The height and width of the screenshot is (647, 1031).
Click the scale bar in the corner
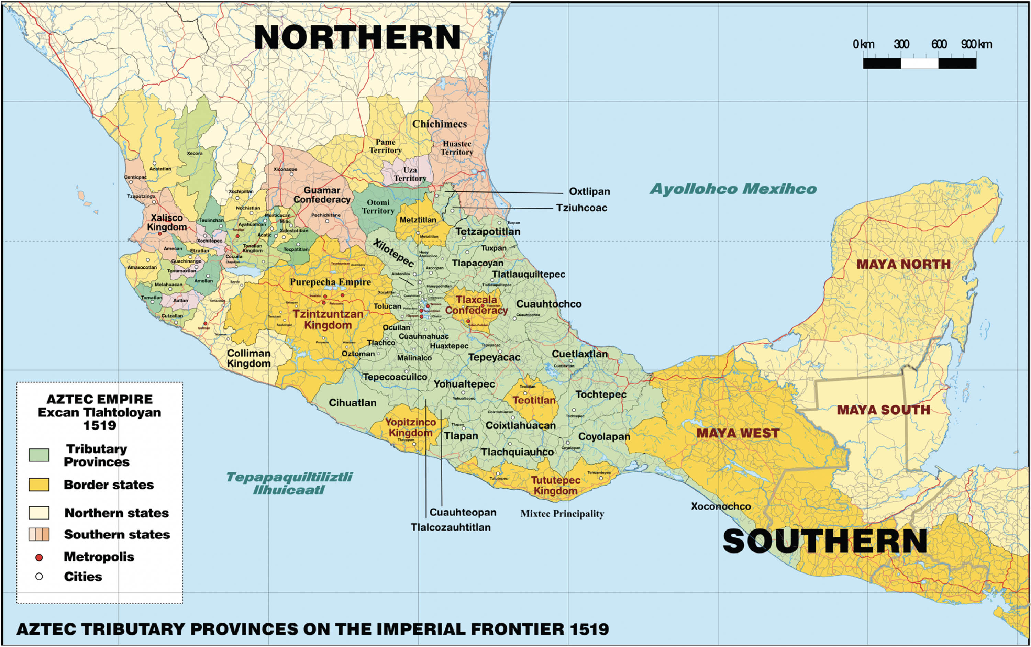(919, 63)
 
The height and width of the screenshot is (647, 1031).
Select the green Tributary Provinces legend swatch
(39, 455)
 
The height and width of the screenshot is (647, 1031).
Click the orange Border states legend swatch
(39, 484)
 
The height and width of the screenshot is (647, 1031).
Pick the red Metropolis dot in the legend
(39, 557)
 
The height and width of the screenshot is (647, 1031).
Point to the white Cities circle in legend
(39, 577)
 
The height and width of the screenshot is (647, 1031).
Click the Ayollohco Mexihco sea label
(733, 189)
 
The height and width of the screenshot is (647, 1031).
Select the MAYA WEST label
(738, 433)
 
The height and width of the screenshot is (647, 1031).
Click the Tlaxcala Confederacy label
(476, 305)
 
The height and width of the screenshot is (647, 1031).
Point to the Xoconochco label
(721, 506)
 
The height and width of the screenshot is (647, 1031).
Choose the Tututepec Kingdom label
(555, 485)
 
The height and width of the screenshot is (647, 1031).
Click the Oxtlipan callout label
(589, 191)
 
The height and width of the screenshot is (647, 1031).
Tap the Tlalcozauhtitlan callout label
(451, 527)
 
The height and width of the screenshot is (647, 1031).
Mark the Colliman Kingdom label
(249, 358)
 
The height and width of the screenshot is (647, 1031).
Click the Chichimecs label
(440, 124)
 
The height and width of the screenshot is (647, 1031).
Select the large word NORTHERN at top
(357, 38)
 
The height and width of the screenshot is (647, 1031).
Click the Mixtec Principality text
(562, 513)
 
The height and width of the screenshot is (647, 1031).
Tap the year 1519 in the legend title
(99, 425)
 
